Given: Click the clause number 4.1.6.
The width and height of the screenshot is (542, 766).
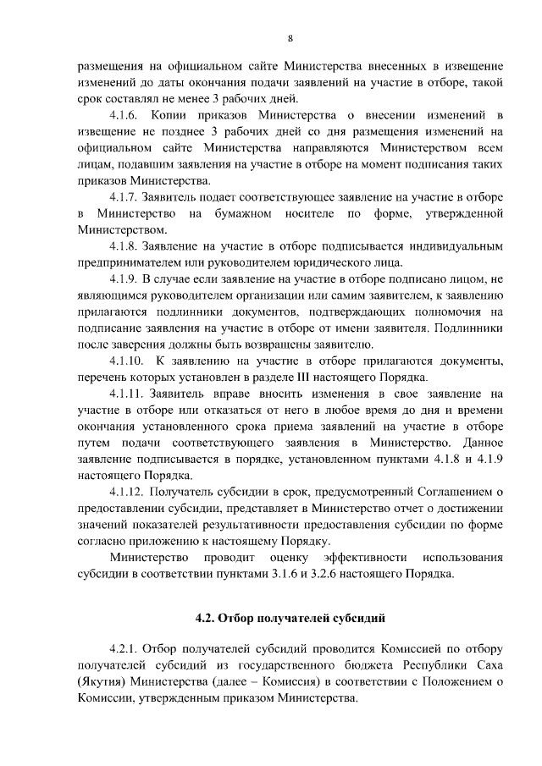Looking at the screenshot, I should (130, 114).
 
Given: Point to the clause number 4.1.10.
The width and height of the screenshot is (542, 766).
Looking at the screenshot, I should (130, 361).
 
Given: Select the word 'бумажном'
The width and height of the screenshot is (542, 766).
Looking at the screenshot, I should (240, 213).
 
